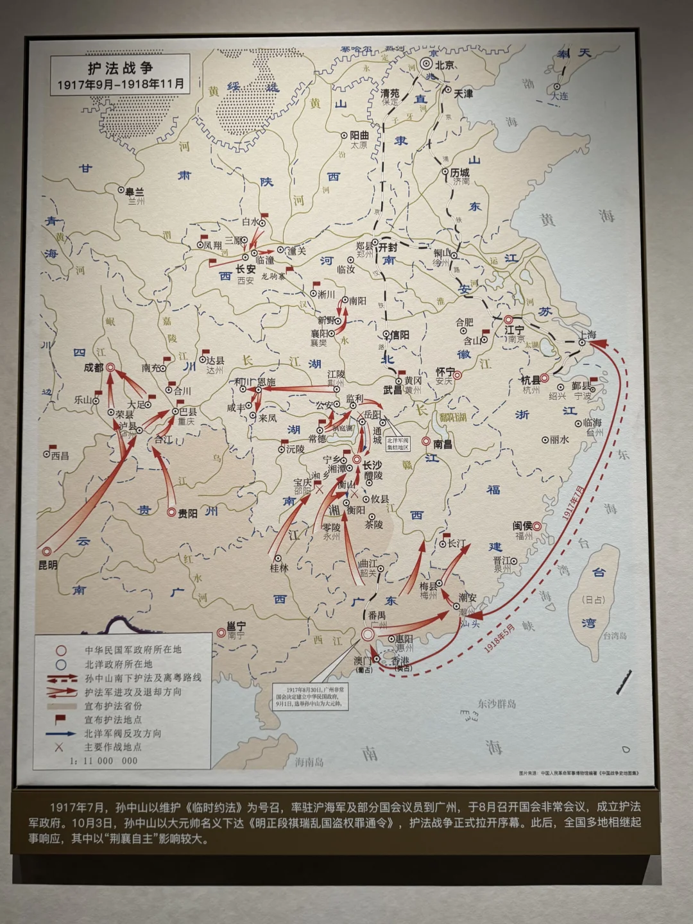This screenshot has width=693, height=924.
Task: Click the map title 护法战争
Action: tap(120, 68)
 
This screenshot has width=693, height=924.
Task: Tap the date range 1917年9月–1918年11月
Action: tap(120, 84)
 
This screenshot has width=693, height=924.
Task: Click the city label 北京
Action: tap(445, 65)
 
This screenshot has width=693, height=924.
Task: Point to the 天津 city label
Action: tap(463, 94)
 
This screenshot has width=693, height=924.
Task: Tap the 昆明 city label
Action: tap(47, 565)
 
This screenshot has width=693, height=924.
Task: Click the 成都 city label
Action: tap(93, 368)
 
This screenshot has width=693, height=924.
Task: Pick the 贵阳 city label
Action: tap(187, 513)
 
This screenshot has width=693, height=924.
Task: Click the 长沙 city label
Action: tap(372, 466)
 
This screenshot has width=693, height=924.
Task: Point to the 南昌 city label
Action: tap(443, 444)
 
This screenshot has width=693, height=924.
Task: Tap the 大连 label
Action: tap(558, 96)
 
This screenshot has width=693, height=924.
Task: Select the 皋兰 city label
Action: tap(135, 191)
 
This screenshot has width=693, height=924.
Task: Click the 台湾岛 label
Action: tap(614, 636)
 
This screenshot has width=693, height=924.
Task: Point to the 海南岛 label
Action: tap(309, 762)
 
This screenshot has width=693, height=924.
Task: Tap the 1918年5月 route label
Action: tap(501, 638)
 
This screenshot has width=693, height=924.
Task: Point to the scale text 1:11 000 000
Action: tap(104, 761)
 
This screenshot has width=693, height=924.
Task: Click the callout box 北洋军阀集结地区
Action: tap(397, 444)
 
